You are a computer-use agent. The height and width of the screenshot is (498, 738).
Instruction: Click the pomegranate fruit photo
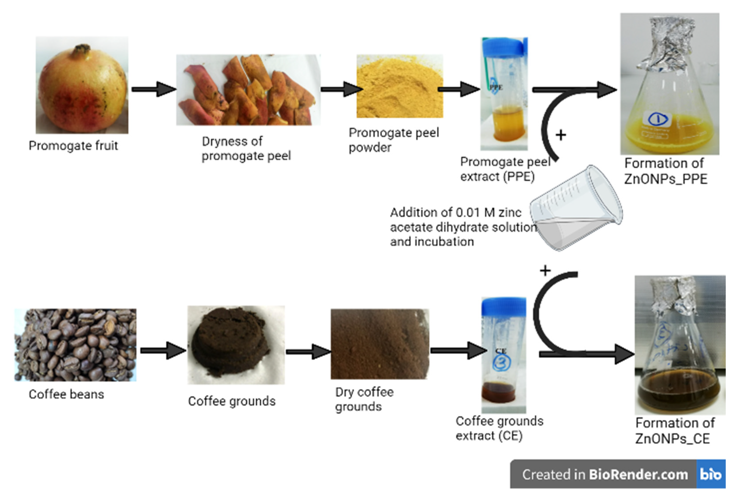(82, 85)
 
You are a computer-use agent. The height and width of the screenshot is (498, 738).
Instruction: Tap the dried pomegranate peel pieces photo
(248, 90)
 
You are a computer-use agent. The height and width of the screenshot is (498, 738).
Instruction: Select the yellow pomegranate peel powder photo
(400, 86)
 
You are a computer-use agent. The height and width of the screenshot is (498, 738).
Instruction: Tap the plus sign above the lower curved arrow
(545, 271)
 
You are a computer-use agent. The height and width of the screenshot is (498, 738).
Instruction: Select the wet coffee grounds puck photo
(236, 345)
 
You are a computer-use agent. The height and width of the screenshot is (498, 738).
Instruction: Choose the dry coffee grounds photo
(380, 344)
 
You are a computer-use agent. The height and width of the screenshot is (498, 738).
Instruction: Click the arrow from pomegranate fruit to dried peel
(154, 89)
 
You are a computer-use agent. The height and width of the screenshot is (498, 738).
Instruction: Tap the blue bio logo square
(711, 474)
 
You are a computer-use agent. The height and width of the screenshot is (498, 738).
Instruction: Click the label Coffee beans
(66, 394)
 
